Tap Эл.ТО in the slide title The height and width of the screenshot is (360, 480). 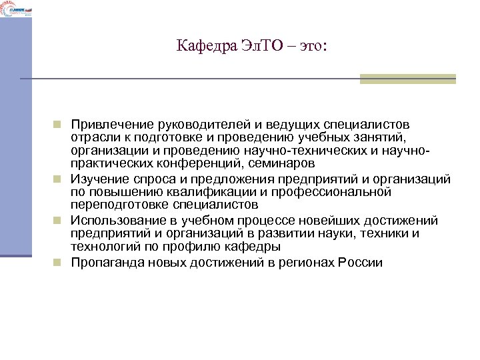click(x=253, y=46)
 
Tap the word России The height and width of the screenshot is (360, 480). click(x=361, y=262)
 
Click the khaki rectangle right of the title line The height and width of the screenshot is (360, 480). click(x=407, y=79)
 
